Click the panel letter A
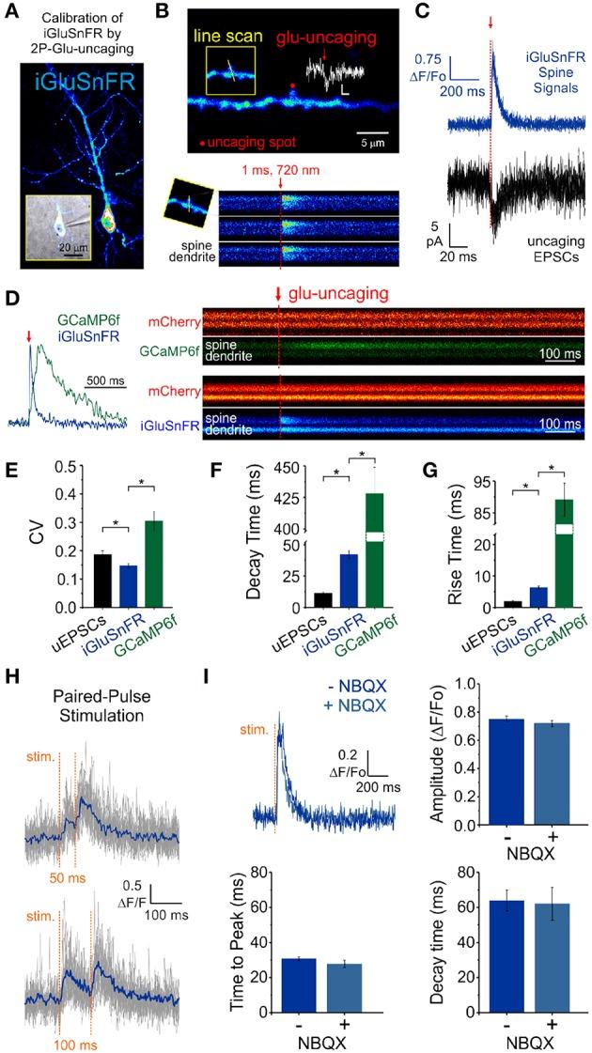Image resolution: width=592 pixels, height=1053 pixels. (11, 12)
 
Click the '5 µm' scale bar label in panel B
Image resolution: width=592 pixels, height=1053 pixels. (380, 145)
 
